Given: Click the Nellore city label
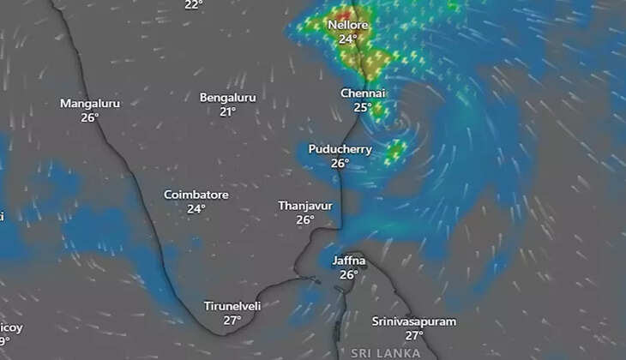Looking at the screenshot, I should tap(347, 25).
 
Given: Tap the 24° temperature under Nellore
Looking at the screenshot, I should tap(347, 39).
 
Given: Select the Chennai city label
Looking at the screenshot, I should tap(363, 93).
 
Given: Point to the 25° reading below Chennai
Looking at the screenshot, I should tap(363, 107).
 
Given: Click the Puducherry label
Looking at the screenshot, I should tap(340, 149).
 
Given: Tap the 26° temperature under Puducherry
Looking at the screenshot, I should tap(340, 163).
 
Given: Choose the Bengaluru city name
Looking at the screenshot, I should tap(227, 98).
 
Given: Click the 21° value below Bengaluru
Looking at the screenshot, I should tap(227, 111).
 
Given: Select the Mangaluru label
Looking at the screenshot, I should tap(90, 103).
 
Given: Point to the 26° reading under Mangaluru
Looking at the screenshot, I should tap(90, 117).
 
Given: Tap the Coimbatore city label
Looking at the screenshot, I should tap(196, 195).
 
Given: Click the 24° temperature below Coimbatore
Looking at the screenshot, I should tap(196, 208).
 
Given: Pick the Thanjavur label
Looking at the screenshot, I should tap(304, 206).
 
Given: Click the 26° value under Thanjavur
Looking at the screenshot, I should tap(304, 219).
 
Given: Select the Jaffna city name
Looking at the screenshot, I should tap(348, 261).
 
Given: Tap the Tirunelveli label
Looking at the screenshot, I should tap(232, 306).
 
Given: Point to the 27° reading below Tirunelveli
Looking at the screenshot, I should tap(232, 320).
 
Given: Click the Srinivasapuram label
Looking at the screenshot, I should tap(414, 321).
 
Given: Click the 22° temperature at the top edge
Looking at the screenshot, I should tap(194, 5).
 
